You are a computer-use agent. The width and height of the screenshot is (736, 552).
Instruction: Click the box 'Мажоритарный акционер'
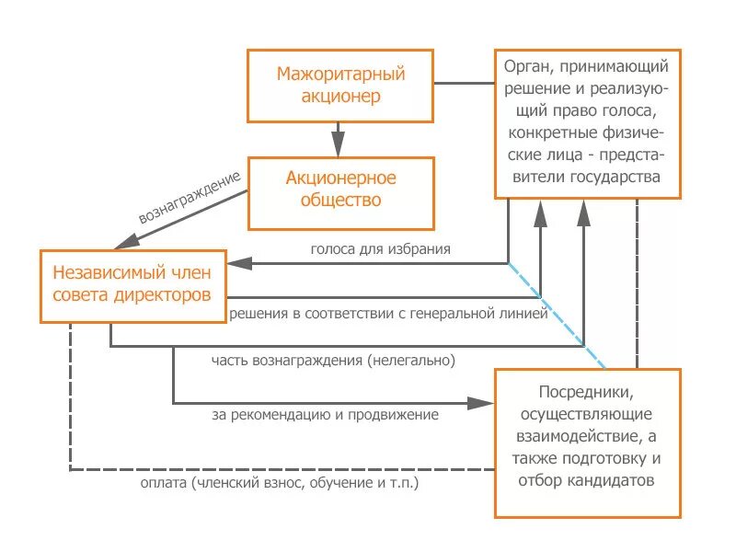coord(341,85)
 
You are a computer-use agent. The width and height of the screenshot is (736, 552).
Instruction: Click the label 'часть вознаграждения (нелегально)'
coord(333,360)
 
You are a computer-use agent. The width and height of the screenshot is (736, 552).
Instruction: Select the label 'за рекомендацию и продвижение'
coord(325,414)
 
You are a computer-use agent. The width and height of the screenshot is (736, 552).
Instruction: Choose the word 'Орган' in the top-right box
coord(524,66)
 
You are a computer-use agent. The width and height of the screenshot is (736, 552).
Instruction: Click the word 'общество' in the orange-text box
coord(341,201)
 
